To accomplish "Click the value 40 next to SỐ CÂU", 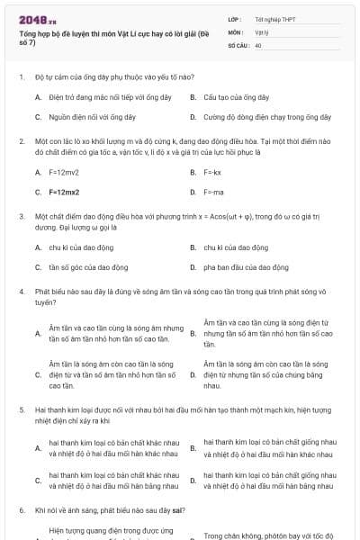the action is click(x=258, y=44).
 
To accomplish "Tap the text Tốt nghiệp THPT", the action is click(x=275, y=19).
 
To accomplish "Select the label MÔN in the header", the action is click(x=236, y=31).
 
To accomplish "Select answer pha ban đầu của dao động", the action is click(x=246, y=266).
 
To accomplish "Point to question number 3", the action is click(x=21, y=217).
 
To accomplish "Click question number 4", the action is click(x=21, y=292).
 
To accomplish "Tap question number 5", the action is click(x=21, y=409).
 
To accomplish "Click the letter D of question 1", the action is click(x=193, y=117).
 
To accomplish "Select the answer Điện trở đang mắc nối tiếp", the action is click(x=110, y=96).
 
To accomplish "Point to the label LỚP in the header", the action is click(x=236, y=19).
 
